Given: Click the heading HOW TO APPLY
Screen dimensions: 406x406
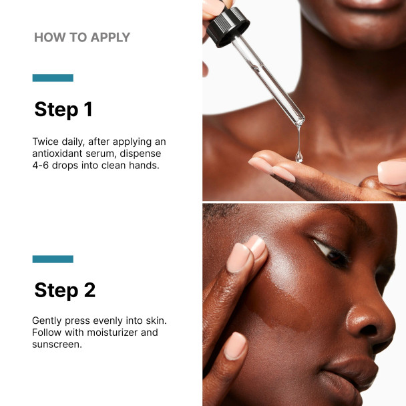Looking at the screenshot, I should (x=82, y=37).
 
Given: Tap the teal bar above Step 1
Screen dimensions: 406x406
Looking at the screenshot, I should (x=53, y=78).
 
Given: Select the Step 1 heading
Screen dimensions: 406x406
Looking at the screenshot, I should (x=63, y=110).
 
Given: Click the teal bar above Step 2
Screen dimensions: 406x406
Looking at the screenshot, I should (x=53, y=259).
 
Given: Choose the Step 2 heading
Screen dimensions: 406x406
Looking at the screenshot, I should (x=65, y=290).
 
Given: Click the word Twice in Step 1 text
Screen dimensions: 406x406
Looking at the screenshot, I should (x=46, y=142).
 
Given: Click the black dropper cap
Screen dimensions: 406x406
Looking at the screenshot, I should (x=228, y=27).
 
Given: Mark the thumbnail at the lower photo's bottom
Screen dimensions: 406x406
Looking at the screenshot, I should (x=234, y=346).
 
